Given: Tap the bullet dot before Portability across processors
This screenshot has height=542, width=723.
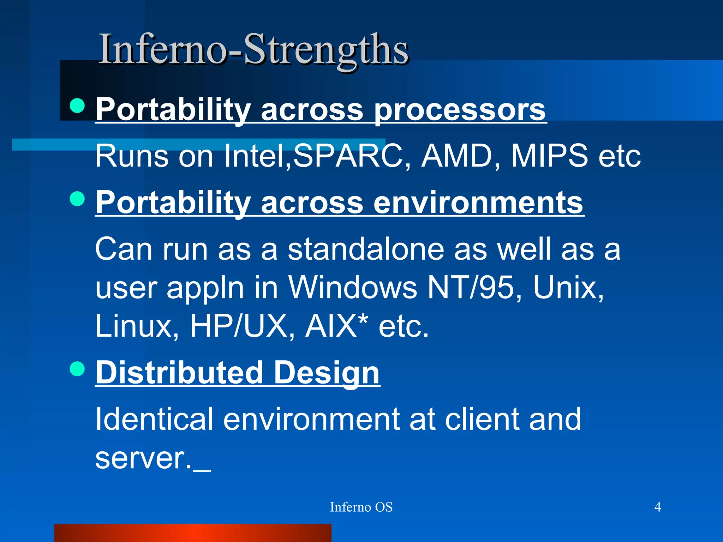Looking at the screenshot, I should pyautogui.click(x=77, y=106).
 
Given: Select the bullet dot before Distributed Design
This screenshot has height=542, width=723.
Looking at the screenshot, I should pyautogui.click(x=77, y=369).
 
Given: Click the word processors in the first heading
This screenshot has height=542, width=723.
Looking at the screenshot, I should pyautogui.click(x=460, y=110).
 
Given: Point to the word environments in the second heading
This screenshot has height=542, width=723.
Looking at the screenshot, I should pyautogui.click(x=478, y=203).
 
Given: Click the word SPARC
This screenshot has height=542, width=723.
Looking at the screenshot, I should pyautogui.click(x=348, y=156).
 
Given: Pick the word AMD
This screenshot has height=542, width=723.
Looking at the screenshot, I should pyautogui.click(x=458, y=156).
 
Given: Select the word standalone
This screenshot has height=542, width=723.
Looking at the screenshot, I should pyautogui.click(x=366, y=249).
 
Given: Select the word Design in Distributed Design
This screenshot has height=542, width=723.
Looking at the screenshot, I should pyautogui.click(x=327, y=373).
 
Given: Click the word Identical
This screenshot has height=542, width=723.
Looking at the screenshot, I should pyautogui.click(x=154, y=419).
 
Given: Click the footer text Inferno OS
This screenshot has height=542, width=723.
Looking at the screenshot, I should pyautogui.click(x=361, y=507).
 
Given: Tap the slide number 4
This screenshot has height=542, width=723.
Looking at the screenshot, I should pyautogui.click(x=658, y=507).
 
